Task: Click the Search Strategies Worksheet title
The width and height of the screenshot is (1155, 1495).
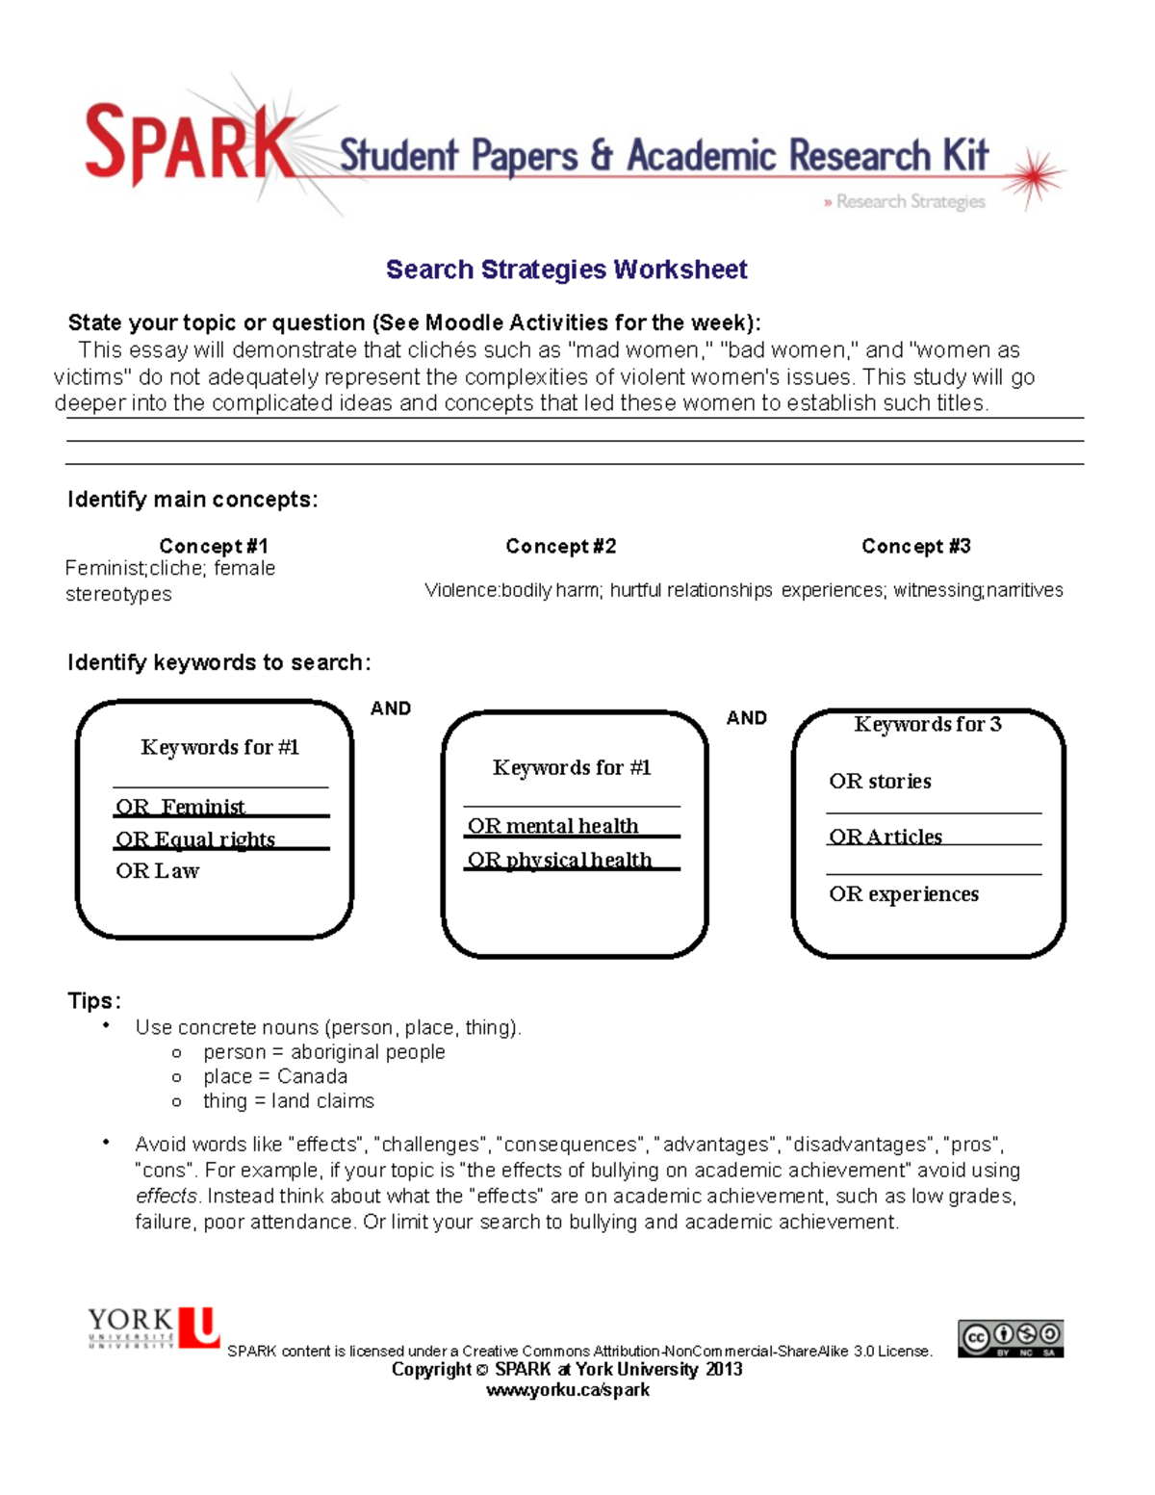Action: [566, 270]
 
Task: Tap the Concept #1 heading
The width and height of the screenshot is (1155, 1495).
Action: [214, 546]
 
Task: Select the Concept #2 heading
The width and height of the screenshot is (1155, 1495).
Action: [560, 546]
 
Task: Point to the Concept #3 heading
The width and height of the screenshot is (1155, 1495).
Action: [915, 546]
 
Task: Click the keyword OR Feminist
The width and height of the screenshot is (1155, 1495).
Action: [180, 807]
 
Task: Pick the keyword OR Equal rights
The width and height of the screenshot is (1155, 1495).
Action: [195, 839]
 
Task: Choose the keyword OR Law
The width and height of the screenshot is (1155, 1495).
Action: [157, 871]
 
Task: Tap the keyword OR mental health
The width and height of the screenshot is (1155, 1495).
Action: [552, 826]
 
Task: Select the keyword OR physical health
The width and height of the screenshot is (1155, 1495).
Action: [559, 860]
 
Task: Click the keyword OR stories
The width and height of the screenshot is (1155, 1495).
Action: [880, 782]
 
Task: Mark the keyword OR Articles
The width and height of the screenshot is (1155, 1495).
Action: [885, 837]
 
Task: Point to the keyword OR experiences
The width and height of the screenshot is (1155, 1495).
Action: [904, 894]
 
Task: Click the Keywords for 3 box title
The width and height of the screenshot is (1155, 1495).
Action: [927, 724]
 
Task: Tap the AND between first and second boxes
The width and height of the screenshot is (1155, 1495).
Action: [391, 709]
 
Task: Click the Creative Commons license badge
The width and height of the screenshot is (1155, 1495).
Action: [1010, 1338]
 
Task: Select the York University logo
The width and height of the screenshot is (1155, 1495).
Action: [154, 1327]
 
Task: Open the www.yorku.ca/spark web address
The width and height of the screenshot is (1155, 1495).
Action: [567, 1390]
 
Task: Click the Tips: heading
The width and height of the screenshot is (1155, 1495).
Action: [94, 1001]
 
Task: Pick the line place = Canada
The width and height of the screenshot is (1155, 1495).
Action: [274, 1076]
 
